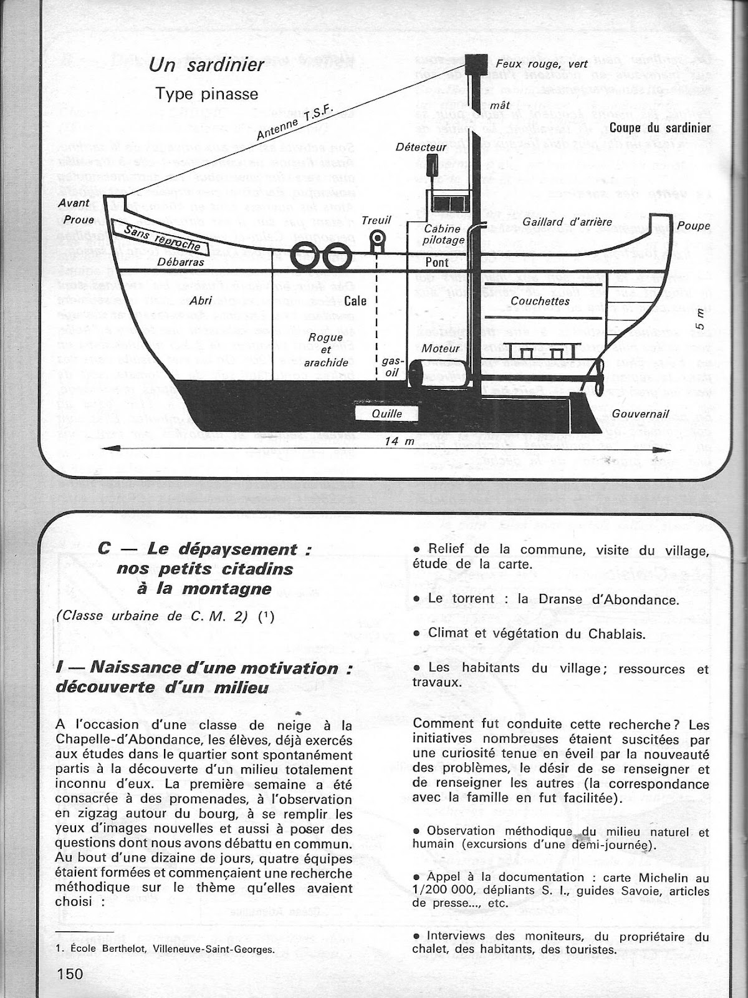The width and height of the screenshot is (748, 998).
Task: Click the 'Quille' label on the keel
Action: point(386,414)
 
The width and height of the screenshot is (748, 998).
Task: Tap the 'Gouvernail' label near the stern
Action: point(640,414)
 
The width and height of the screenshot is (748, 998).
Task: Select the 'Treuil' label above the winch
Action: point(376,220)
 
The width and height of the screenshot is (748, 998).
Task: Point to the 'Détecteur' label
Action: point(421,147)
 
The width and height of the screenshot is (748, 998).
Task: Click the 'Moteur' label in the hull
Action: point(440,348)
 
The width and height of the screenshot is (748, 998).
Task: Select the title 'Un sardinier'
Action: point(207,64)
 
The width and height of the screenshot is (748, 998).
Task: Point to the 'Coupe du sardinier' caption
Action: point(659,128)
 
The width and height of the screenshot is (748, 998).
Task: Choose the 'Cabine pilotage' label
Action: point(444,235)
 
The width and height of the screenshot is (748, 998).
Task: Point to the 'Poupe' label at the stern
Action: point(693,226)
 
